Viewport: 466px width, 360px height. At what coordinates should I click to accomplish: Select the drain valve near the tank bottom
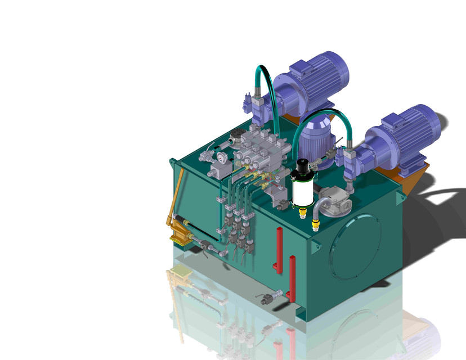coord(272,296)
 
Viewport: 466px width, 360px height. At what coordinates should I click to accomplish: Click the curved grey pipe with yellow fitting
coord(316,215)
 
